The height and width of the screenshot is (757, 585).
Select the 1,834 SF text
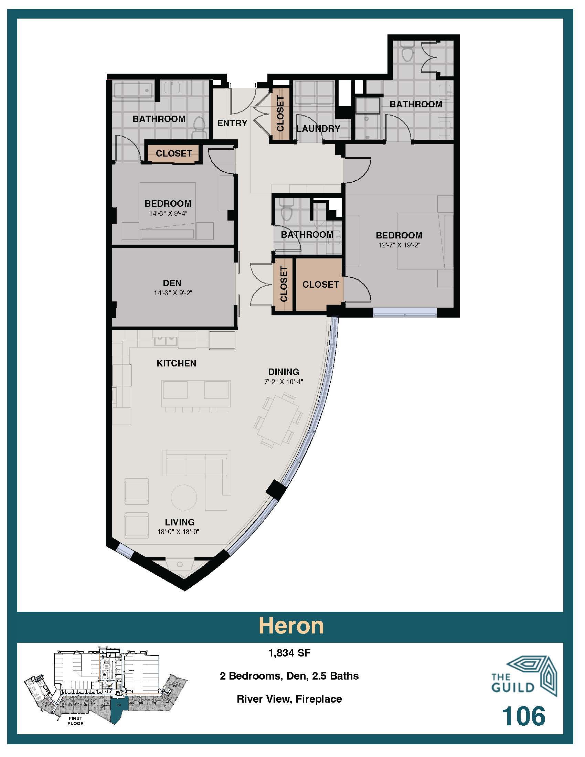(289, 653)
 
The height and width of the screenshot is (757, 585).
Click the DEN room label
(172, 283)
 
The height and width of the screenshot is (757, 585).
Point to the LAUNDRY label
(318, 129)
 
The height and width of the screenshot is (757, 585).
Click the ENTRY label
(232, 123)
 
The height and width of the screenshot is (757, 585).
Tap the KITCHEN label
(177, 363)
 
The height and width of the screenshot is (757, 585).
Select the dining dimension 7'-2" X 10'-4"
(284, 382)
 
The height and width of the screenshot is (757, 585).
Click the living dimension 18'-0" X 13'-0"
(178, 532)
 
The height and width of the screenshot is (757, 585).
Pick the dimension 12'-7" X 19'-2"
(399, 245)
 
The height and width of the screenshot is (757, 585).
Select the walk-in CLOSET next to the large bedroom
(320, 284)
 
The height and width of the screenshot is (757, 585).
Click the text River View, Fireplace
(289, 699)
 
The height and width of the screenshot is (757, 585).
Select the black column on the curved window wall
(276, 489)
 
